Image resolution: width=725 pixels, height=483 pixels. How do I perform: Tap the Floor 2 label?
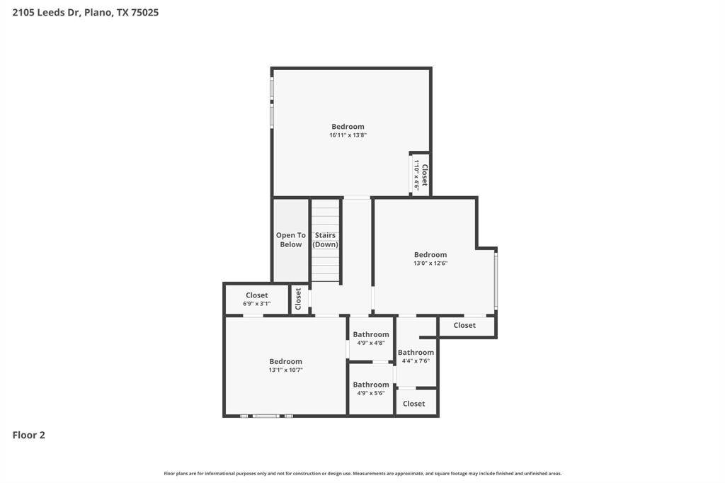point(28,435)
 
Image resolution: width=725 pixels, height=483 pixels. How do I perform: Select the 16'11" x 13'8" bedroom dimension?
point(348,135)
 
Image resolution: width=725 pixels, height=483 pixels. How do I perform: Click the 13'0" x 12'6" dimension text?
point(430,263)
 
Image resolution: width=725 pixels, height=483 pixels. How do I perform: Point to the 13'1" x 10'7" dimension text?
point(286,370)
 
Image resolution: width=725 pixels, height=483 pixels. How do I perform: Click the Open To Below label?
point(291,239)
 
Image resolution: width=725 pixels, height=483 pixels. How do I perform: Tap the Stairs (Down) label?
point(325,239)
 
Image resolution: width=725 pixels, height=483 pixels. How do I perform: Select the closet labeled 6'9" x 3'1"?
point(256,299)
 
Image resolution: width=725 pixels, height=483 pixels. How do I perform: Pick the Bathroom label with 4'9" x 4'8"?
point(371,334)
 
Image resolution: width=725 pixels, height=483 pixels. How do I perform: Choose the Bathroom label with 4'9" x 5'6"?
point(371,385)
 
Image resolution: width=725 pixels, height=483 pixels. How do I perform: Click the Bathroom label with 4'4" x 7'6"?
point(416,353)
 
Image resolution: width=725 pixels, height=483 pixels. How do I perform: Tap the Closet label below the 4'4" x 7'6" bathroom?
point(413,404)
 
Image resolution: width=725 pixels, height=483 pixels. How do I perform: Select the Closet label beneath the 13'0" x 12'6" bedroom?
point(464,325)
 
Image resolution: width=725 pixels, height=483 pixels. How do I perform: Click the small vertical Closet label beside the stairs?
point(298,299)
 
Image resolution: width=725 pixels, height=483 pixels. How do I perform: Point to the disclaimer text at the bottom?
point(362,473)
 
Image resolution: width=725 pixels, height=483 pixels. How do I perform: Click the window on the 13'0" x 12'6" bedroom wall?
point(496,281)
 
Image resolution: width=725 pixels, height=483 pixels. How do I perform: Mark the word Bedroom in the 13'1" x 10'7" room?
point(286,361)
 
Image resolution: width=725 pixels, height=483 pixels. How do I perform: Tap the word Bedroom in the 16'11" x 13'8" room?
point(348,126)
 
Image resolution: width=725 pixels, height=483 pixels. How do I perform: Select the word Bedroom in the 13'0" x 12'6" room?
point(430,254)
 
